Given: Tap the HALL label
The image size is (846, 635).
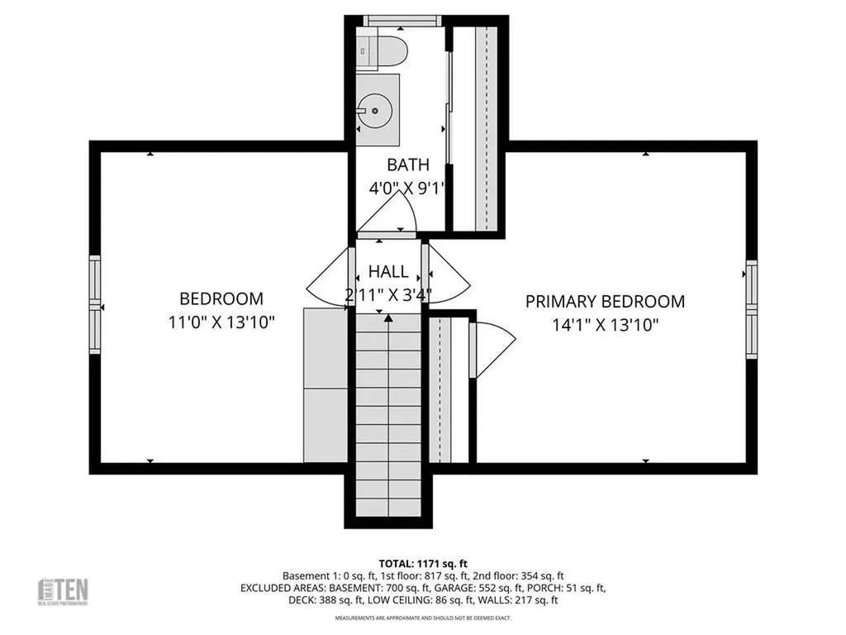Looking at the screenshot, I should pyautogui.click(x=388, y=271).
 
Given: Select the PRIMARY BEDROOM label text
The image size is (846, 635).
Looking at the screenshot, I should pyautogui.click(x=605, y=302).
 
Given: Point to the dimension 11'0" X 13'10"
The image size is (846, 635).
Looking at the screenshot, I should pyautogui.click(x=221, y=322).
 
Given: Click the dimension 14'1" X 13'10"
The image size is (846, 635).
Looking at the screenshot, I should pyautogui.click(x=605, y=325).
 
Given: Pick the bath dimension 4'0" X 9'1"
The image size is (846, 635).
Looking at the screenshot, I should pyautogui.click(x=407, y=188).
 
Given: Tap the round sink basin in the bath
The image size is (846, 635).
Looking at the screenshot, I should pyautogui.click(x=374, y=108).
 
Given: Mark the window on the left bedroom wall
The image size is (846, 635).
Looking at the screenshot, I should pyautogui.click(x=95, y=306).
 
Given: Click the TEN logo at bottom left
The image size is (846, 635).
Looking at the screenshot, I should pyautogui.click(x=65, y=590).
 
